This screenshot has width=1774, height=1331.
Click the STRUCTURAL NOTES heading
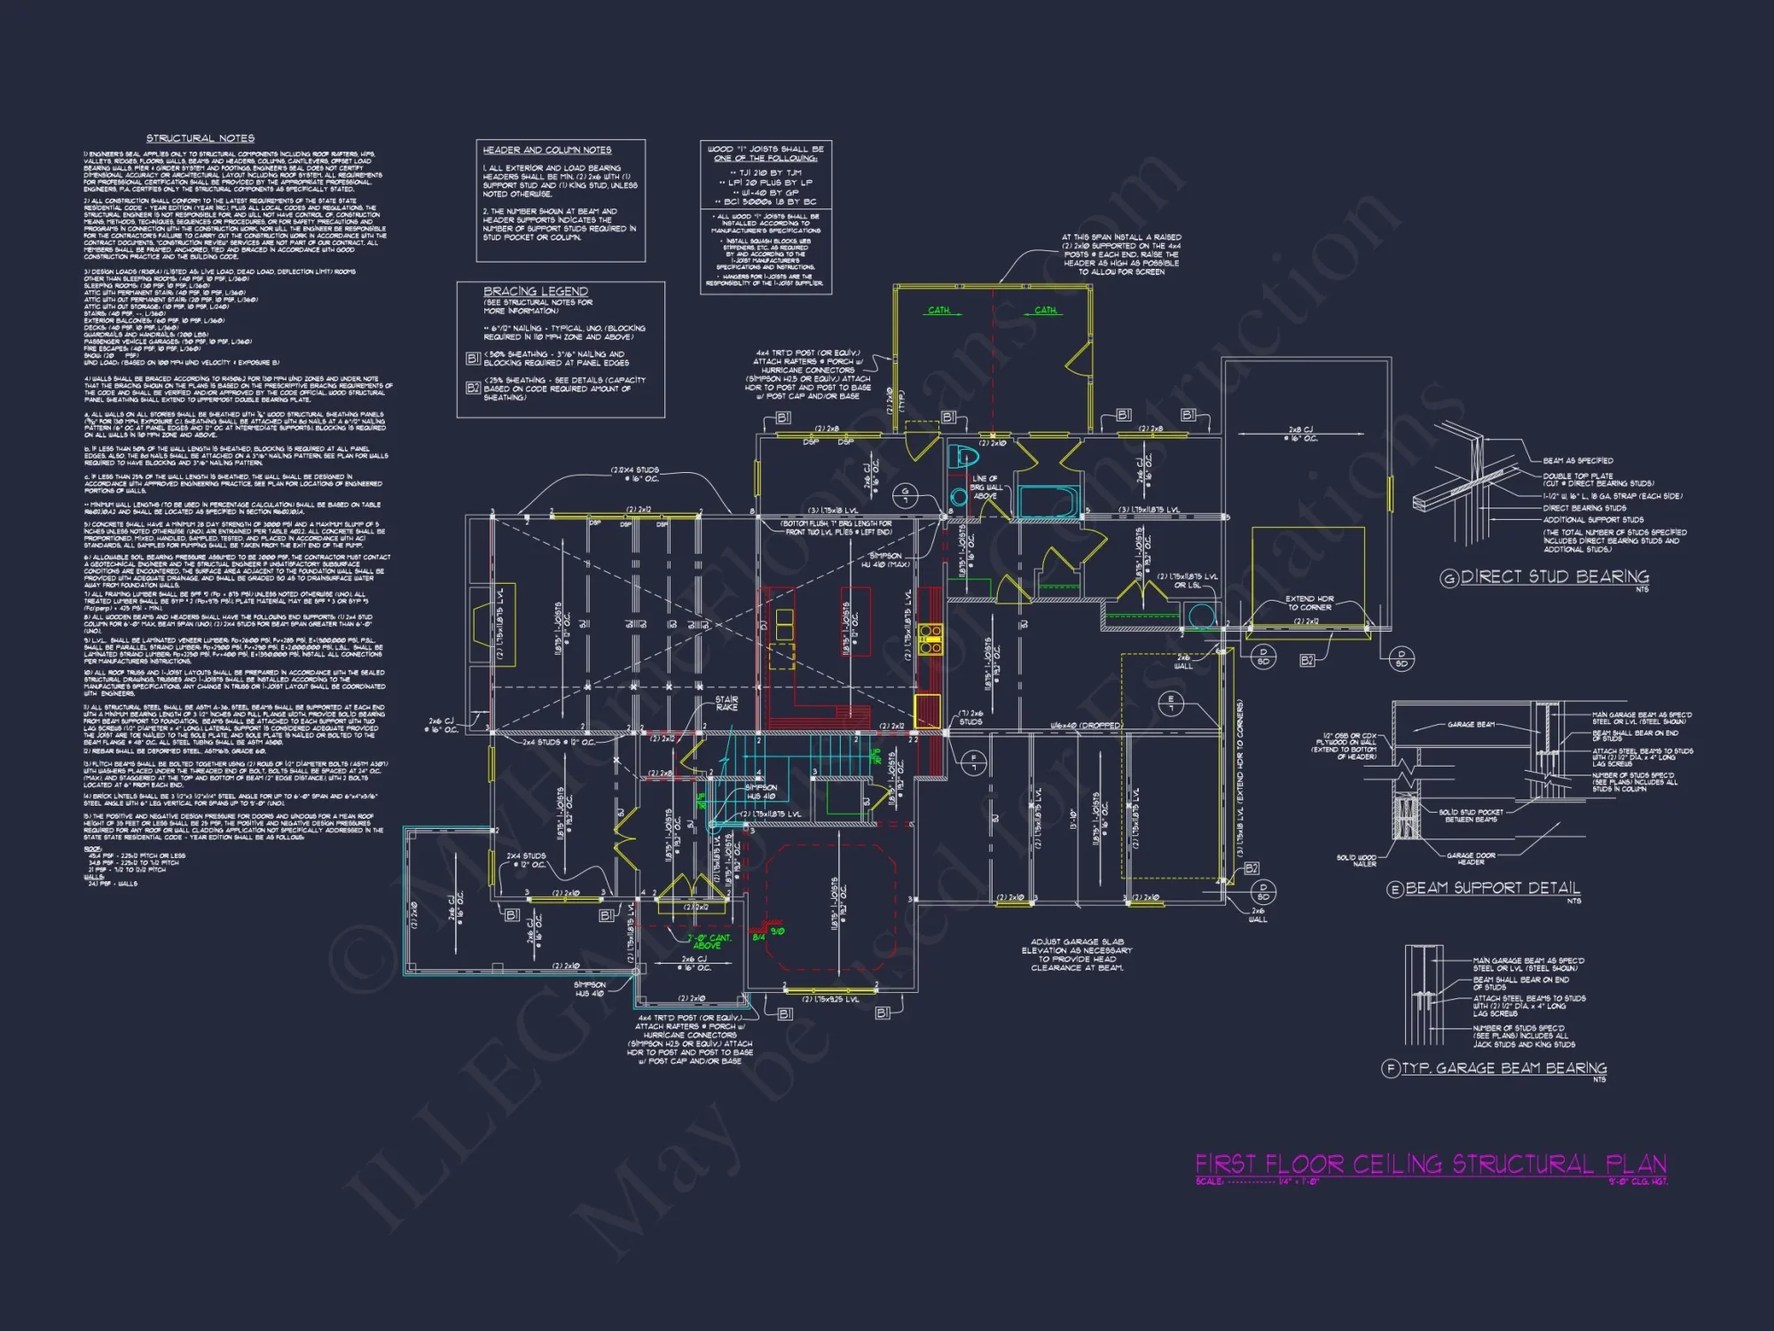pos(200,138)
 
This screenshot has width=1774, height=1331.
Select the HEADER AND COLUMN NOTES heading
pos(546,150)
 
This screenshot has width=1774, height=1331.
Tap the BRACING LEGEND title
pos(535,291)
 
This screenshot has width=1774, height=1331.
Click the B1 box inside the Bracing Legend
pos(473,358)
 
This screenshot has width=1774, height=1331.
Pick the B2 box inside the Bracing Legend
pos(473,388)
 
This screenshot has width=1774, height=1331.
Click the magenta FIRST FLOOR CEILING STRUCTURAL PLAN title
pos(1430,1164)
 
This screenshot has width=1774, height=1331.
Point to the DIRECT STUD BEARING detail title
pos(1555,577)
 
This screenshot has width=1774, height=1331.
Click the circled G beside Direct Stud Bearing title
pos(1448,579)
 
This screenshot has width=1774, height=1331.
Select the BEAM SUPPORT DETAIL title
pos(1493,888)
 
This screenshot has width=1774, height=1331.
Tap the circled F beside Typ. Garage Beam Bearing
pos(1391,1068)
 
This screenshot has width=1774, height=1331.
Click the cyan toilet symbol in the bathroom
pos(964,459)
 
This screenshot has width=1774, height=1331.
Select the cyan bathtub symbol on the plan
pos(1048,500)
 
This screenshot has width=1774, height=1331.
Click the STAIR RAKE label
pos(726,704)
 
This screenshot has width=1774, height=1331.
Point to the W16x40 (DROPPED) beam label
pos(1086,726)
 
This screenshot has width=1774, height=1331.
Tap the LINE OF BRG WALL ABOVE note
pos(985,487)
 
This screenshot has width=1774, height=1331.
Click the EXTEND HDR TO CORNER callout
pos(1309,603)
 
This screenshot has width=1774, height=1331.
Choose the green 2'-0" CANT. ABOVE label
pos(708,941)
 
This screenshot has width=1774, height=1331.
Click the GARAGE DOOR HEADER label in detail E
pos(1471,859)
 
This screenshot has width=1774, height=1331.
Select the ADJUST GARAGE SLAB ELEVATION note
pos(1077,955)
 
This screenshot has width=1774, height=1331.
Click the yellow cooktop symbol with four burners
pos(930,640)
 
